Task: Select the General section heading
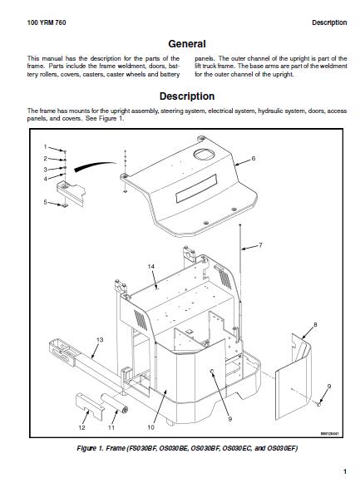pos(186,44)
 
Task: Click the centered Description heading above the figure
pos(186,96)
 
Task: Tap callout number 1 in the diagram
pos(45,147)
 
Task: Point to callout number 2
pos(45,158)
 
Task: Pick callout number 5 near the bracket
pos(45,202)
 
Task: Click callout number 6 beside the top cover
pos(254,158)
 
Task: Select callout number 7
pos(260,245)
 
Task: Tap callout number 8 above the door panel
pos(315,324)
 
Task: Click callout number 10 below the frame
pos(150,427)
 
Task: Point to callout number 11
pos(111,427)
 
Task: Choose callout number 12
pos(81,427)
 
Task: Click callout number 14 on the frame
pos(151,266)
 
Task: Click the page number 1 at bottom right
pos(344,472)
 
